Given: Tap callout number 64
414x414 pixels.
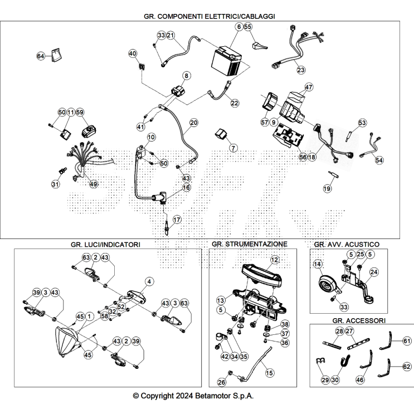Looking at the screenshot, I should coord(41,56).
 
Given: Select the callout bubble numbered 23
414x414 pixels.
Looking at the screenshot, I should coord(301,70).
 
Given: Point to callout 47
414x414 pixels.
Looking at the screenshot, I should coord(309,87).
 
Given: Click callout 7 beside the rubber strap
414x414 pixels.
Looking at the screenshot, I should coord(233,148).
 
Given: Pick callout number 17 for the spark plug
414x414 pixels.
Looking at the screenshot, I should coord(177,220).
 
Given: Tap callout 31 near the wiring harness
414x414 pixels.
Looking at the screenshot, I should coord(55,184).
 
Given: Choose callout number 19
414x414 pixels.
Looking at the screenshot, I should coord(327,189).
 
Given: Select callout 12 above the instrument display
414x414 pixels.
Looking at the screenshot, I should coord(274,260).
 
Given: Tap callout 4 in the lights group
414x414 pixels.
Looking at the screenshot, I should coord(149,281).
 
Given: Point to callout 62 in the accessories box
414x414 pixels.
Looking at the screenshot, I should coord(407,367).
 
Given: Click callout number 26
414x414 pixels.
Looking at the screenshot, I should coord(222,382).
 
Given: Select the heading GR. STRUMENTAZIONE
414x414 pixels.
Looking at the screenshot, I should coord(249,244).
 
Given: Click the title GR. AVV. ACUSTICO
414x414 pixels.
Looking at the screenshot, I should coord(347,244).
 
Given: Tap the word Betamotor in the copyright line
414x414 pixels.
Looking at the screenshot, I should coord(218,396).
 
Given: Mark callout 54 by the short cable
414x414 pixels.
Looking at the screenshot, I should coord(379,160).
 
